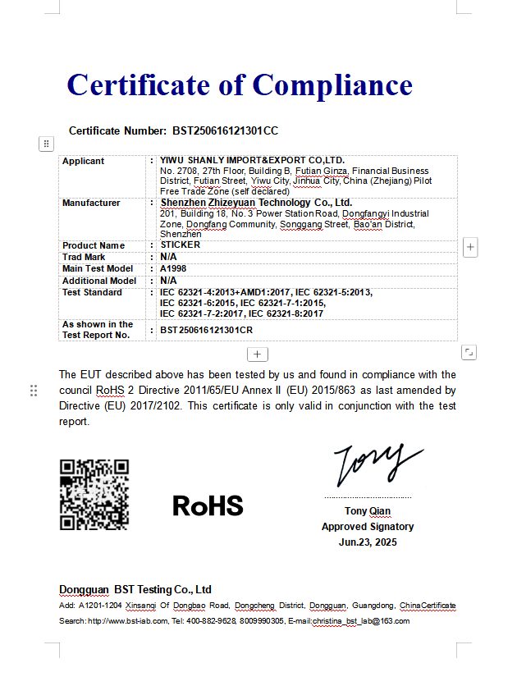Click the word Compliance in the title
[332, 85]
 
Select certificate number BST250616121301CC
[225, 131]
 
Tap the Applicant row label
[83, 161]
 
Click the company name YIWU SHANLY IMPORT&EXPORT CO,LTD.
[252, 160]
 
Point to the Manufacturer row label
[91, 203]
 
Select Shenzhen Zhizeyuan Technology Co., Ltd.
[255, 203]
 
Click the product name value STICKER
[180, 245]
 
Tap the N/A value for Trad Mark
[168, 257]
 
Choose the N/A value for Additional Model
[168, 281]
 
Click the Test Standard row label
[93, 292]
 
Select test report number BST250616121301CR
[206, 330]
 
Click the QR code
[94, 495]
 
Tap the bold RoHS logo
[208, 505]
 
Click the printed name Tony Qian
[368, 512]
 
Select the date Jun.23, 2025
[368, 542]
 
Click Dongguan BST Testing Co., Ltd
[135, 590]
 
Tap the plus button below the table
[258, 354]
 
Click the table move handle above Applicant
[46, 144]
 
